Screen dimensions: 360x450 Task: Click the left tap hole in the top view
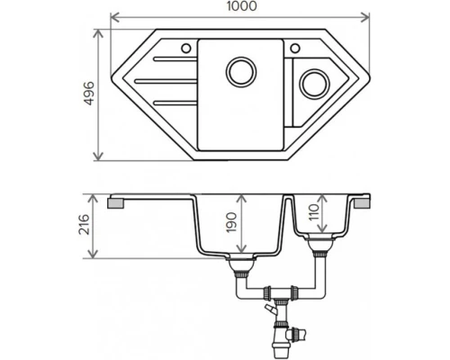[x=184, y=47]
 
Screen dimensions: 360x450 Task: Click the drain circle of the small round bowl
[x=315, y=85]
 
